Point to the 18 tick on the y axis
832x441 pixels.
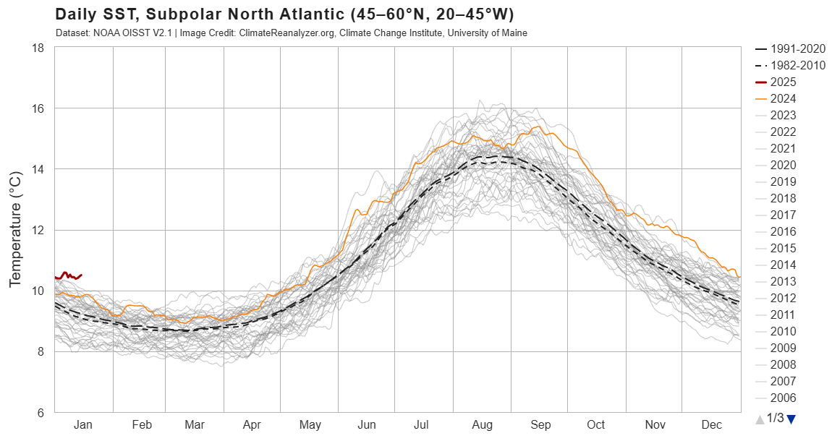pyautogui.click(x=38, y=48)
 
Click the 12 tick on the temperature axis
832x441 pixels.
pyautogui.click(x=38, y=231)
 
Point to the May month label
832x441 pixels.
pyautogui.click(x=310, y=425)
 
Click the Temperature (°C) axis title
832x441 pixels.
pyautogui.click(x=15, y=230)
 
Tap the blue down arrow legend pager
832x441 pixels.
pyautogui.click(x=791, y=419)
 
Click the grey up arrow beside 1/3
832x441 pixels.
pyautogui.click(x=759, y=419)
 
